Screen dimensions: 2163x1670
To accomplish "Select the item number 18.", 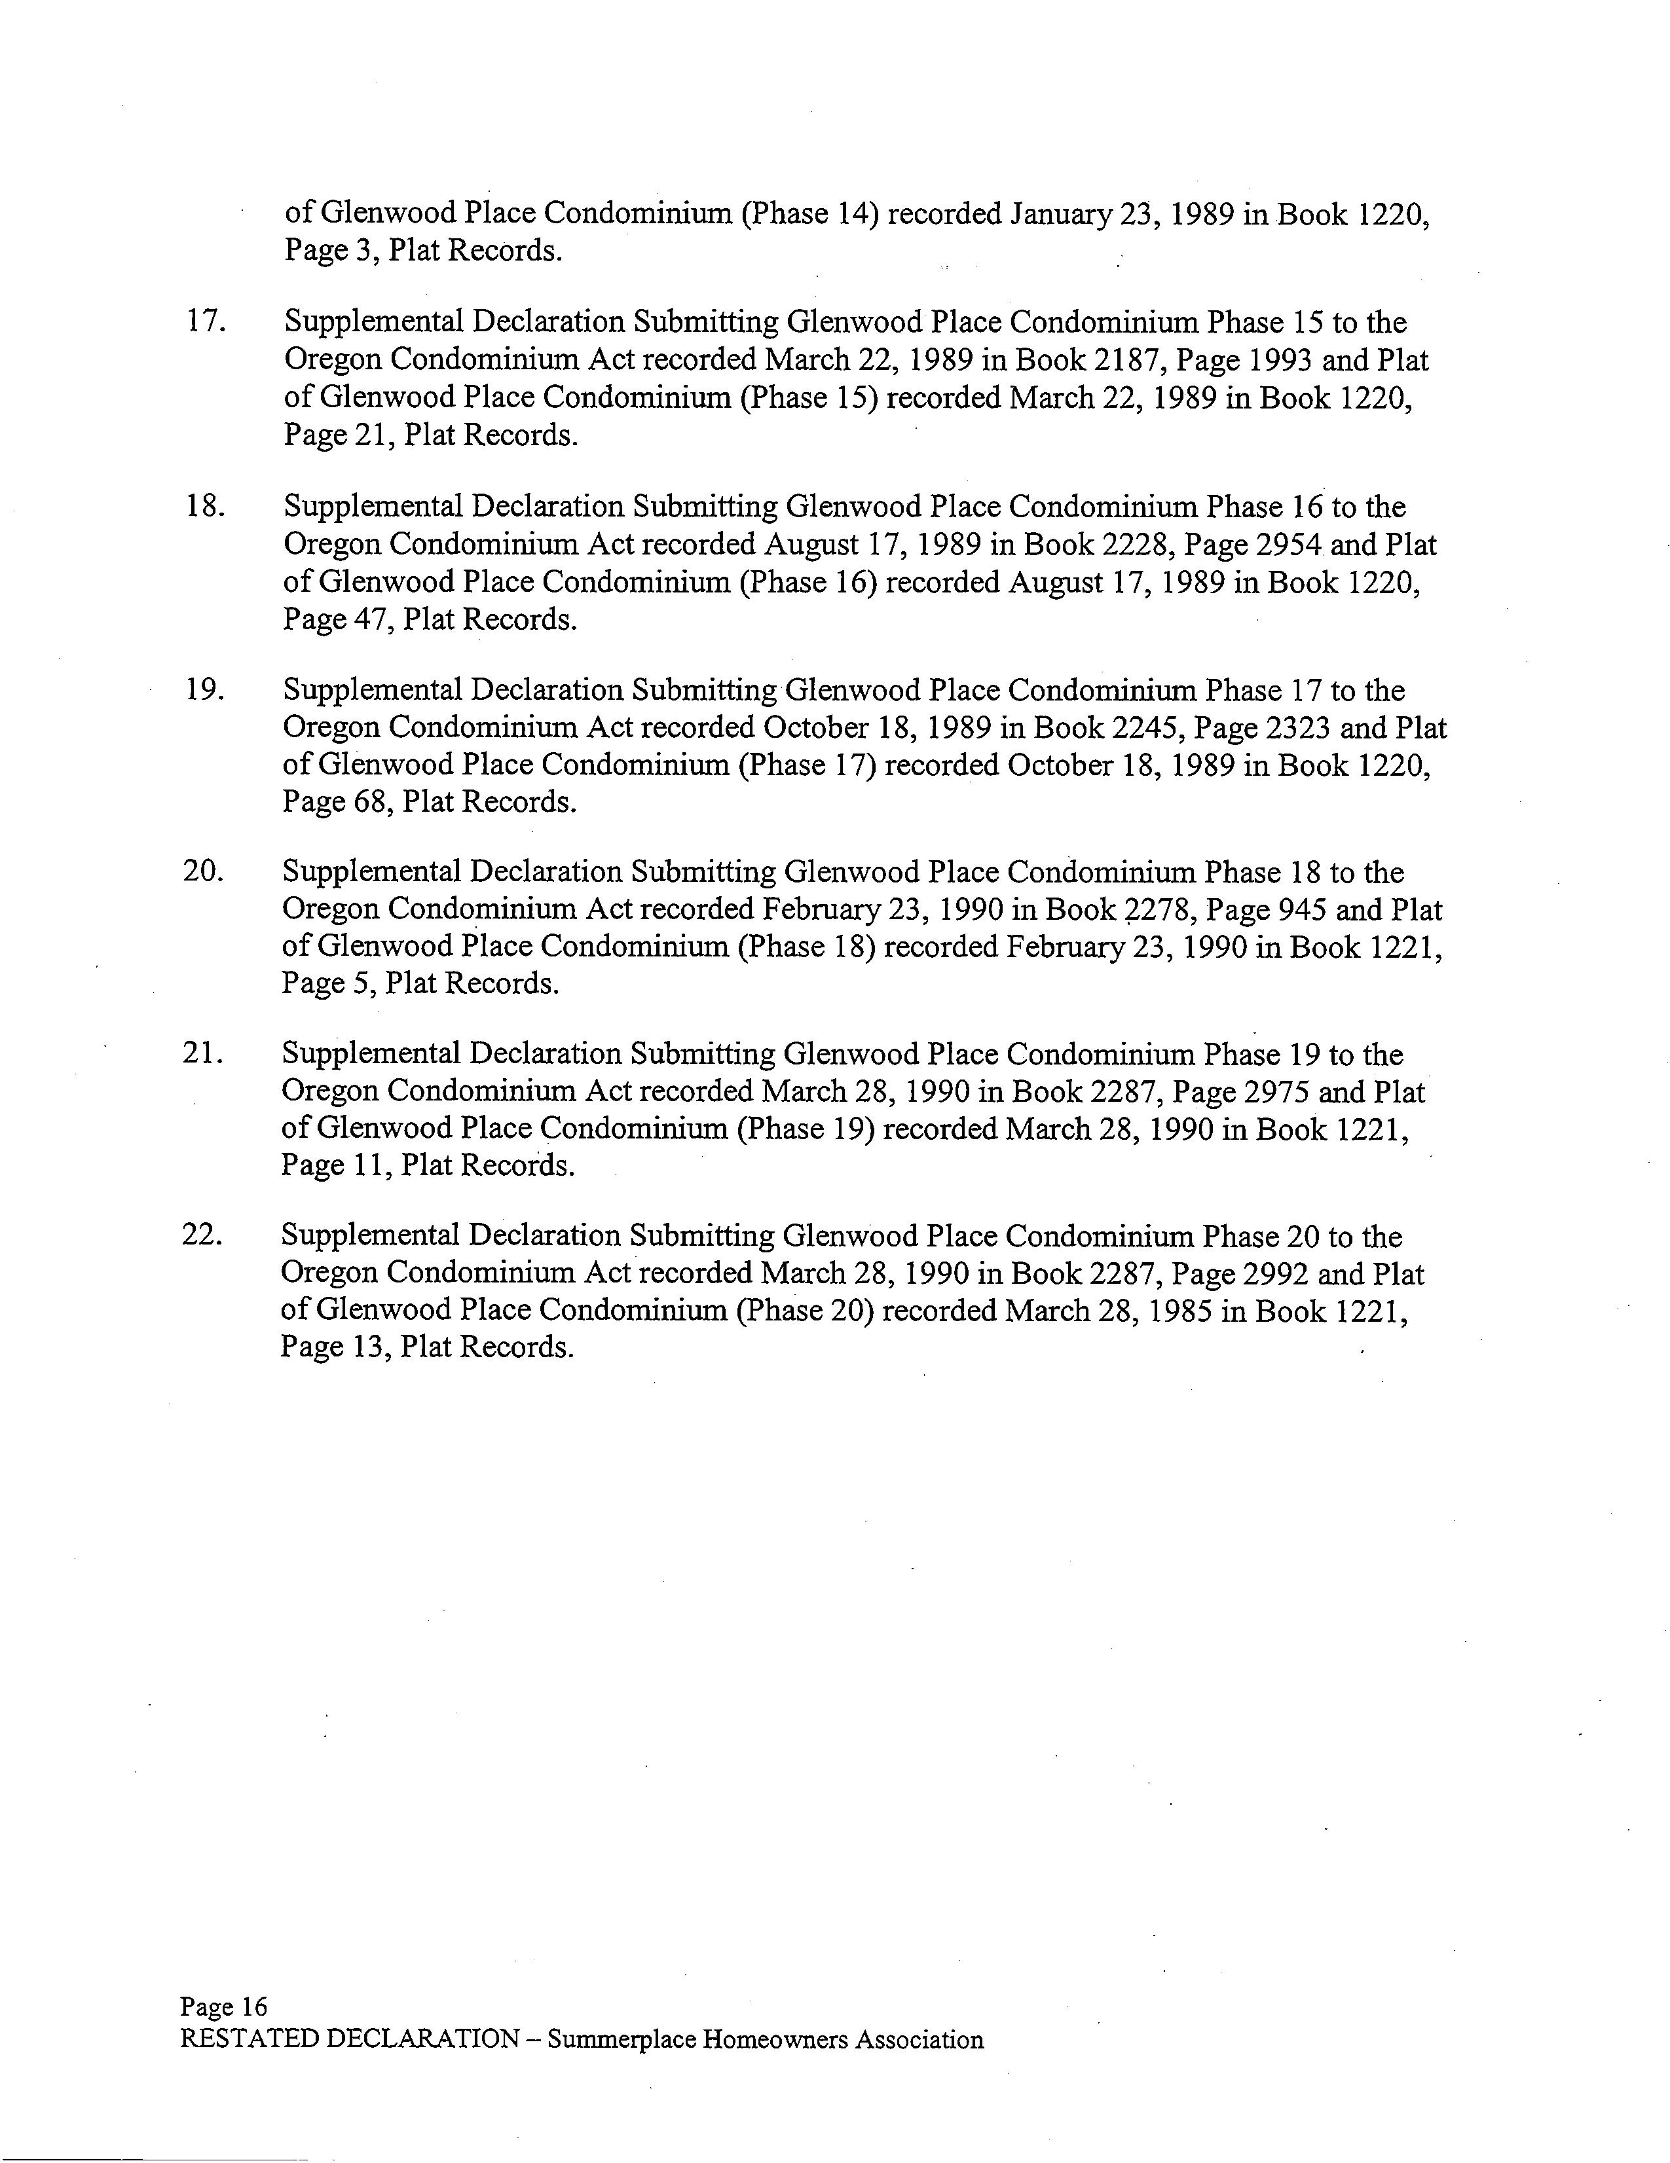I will [204, 506].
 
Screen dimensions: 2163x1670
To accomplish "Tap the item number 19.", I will [204, 689].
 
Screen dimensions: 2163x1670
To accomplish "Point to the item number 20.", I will [203, 871].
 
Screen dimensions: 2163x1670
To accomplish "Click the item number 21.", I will [202, 1054].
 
